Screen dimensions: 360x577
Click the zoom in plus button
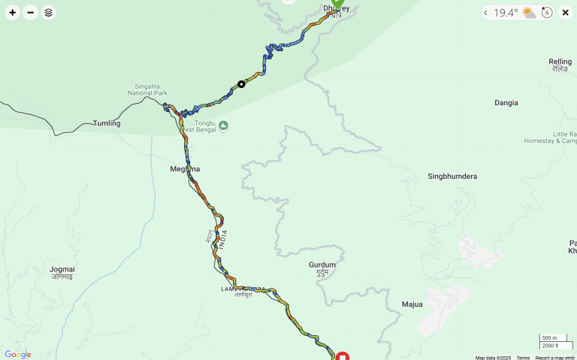coord(12,13)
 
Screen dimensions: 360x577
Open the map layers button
coord(48,13)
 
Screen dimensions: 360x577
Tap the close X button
coord(566,13)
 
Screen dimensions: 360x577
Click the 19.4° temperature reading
coord(506,13)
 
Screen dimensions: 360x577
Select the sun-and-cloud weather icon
coord(530,13)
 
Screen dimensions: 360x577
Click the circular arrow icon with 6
coord(547,13)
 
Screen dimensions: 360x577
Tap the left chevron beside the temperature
coord(486,13)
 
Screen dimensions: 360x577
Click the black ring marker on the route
coord(241,84)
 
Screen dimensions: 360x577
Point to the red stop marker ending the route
coord(342,356)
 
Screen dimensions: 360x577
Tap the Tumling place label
coord(106,123)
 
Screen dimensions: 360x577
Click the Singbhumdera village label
coord(452,177)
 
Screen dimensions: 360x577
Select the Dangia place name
coord(506,103)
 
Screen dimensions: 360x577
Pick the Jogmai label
coord(62,269)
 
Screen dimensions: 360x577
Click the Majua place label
coord(412,304)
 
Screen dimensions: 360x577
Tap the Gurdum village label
coord(322,265)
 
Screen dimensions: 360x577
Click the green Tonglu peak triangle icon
coord(223,126)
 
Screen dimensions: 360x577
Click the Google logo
coord(18,355)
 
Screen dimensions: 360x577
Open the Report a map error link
coord(555,358)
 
